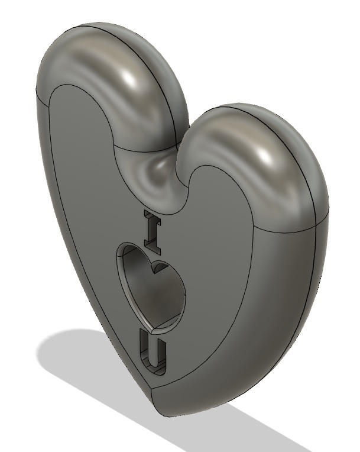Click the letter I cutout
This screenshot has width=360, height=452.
pyautogui.click(x=151, y=228)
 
